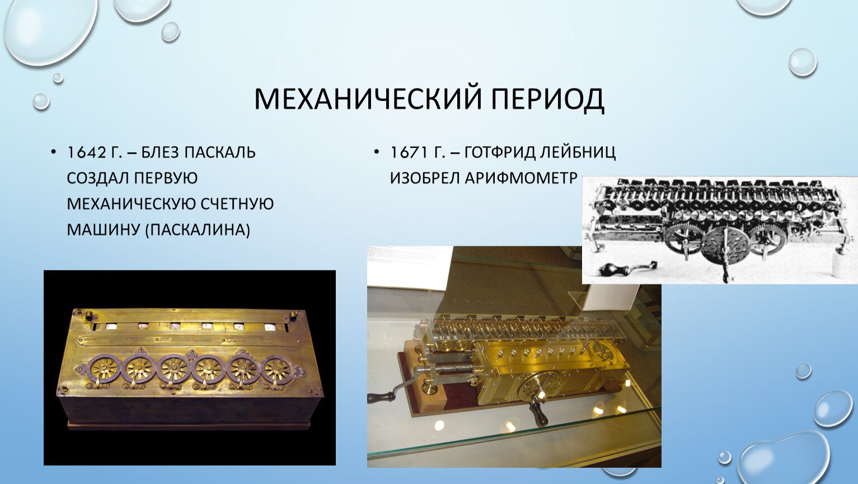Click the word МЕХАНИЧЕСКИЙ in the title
click(x=368, y=99)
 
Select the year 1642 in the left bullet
click(x=86, y=152)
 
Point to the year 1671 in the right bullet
click(x=409, y=152)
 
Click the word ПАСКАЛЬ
click(x=220, y=152)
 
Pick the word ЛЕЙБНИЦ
click(x=578, y=152)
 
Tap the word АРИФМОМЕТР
click(x=522, y=178)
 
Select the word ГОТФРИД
click(x=500, y=152)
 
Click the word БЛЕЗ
click(x=160, y=152)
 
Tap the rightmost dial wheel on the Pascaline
click(x=277, y=371)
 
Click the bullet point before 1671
click(x=376, y=152)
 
